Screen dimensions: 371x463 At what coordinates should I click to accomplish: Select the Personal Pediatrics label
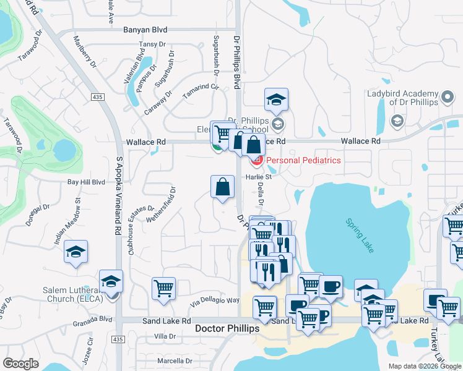[303, 160]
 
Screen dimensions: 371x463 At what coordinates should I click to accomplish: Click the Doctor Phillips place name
[227, 328]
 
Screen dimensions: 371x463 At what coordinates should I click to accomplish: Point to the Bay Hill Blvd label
[87, 182]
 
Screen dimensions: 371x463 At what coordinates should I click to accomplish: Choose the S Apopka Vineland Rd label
[118, 195]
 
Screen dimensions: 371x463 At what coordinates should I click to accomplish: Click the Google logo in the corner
[21, 364]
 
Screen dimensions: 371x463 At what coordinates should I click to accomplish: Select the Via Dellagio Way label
[214, 301]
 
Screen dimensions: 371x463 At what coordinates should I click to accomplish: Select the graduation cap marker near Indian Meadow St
[76, 252]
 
